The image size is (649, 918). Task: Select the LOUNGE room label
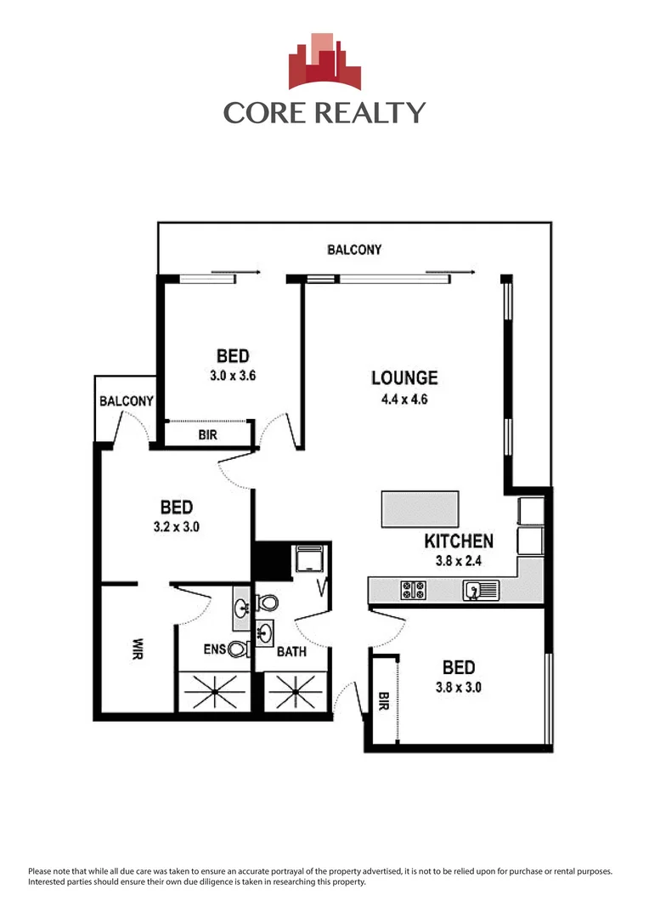(x=404, y=378)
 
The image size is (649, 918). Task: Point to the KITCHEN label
(x=459, y=541)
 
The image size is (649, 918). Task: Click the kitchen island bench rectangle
(x=420, y=508)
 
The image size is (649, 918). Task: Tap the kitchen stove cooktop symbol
(x=413, y=588)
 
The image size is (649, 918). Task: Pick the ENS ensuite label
(x=214, y=650)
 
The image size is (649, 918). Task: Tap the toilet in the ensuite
(x=268, y=603)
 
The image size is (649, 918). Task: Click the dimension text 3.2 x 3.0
(x=177, y=527)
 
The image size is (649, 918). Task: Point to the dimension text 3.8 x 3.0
(x=458, y=688)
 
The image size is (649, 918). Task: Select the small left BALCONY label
(x=126, y=401)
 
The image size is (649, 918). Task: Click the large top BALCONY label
(x=354, y=250)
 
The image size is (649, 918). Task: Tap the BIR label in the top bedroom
(x=207, y=435)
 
